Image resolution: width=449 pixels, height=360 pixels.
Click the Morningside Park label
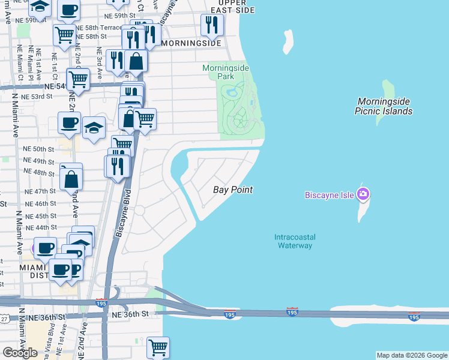225,73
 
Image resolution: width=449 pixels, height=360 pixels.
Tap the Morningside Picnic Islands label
384,106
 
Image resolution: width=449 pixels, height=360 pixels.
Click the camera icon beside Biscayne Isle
363,194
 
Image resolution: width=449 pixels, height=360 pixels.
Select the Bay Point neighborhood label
233,190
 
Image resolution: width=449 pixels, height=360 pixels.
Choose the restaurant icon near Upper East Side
211,25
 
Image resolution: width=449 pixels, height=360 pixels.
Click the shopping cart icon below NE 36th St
157,347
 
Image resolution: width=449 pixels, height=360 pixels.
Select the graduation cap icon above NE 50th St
94,128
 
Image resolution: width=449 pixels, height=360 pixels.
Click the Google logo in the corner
20,353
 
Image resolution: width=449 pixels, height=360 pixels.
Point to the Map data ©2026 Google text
411,355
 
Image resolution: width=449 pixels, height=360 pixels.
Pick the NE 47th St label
40,191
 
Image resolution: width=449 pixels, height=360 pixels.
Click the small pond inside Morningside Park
231,92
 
